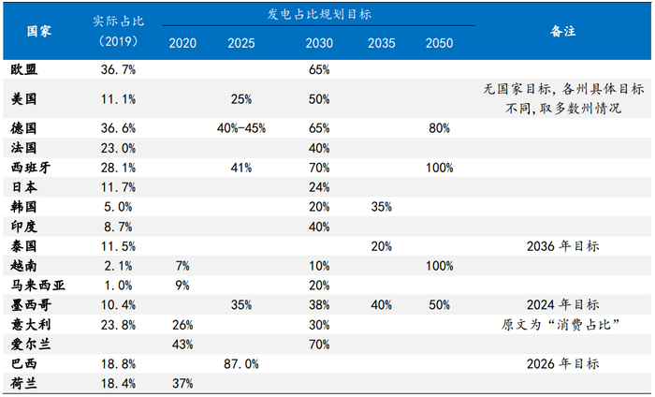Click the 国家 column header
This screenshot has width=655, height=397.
tap(39, 31)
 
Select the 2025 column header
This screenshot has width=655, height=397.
tap(241, 43)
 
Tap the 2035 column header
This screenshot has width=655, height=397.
tap(382, 43)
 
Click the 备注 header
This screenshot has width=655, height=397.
tap(562, 31)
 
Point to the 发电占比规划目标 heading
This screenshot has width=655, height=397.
tap(319, 15)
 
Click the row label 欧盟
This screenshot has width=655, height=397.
tap(24, 69)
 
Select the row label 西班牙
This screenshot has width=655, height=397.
tap(31, 168)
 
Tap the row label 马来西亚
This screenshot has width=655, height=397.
tap(37, 286)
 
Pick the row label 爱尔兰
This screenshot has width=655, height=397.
tap(31, 345)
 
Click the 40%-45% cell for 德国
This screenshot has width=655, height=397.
tap(241, 128)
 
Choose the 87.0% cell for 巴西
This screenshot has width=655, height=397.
tap(241, 364)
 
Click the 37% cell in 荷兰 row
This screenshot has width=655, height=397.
tap(182, 384)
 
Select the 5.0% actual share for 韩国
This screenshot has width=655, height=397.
tap(118, 207)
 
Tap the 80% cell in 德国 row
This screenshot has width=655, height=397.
tap(439, 128)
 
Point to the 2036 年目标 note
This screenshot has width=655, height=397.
tap(562, 246)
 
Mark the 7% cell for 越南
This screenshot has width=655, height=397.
tap(182, 266)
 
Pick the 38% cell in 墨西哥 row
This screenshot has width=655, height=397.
tap(319, 305)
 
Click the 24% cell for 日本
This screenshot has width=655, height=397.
tap(319, 187)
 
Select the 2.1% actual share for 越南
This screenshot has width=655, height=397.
tap(118, 266)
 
